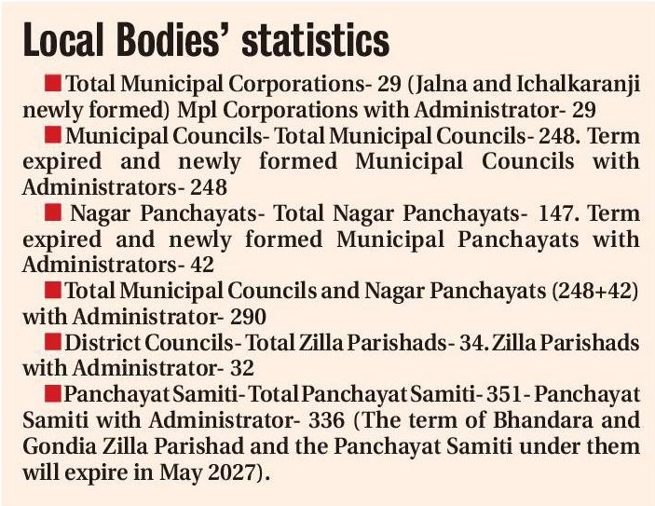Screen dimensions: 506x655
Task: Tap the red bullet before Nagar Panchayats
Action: (x=55, y=212)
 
